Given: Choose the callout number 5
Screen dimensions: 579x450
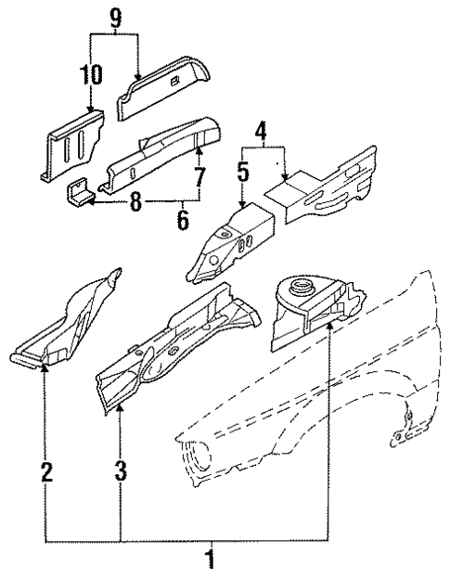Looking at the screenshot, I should [x=243, y=171].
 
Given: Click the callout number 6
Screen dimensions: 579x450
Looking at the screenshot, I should [x=183, y=220].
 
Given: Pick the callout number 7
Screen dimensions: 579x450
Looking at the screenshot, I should [x=199, y=176].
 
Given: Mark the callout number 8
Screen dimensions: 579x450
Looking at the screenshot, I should [x=136, y=202].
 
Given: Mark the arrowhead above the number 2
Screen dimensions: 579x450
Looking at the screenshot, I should [x=45, y=368].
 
